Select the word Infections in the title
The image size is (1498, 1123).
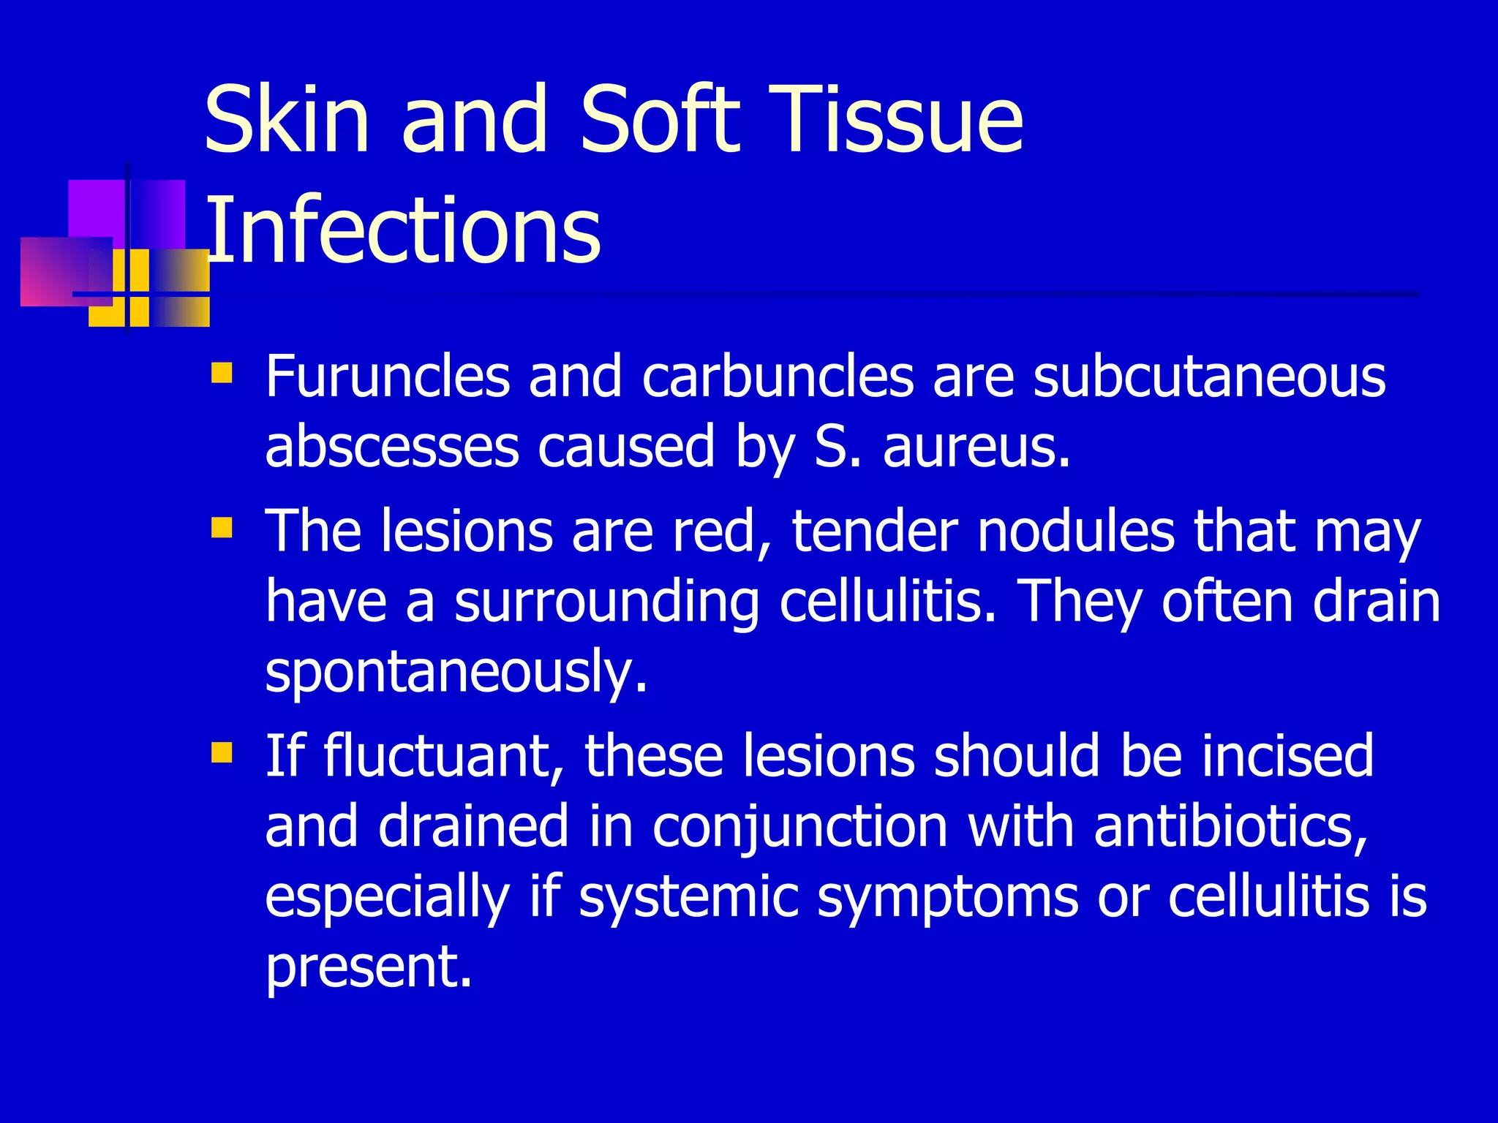point(403,230)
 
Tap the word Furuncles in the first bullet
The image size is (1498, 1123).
point(387,377)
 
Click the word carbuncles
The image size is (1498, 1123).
point(778,377)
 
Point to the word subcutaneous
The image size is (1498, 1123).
point(1208,377)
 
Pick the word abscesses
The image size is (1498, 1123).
point(391,447)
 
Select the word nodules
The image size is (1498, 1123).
point(1076,532)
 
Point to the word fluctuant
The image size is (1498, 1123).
point(437,756)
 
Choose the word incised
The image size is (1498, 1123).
point(1287,756)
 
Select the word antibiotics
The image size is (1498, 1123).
point(1230,826)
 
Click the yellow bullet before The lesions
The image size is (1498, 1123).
point(221,527)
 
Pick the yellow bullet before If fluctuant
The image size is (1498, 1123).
point(221,752)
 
